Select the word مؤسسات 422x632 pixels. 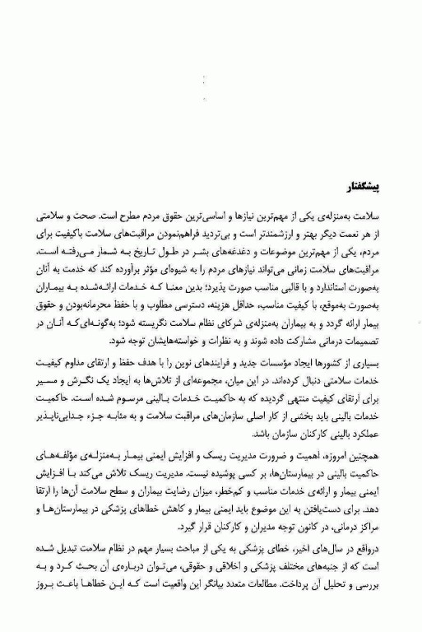270,385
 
